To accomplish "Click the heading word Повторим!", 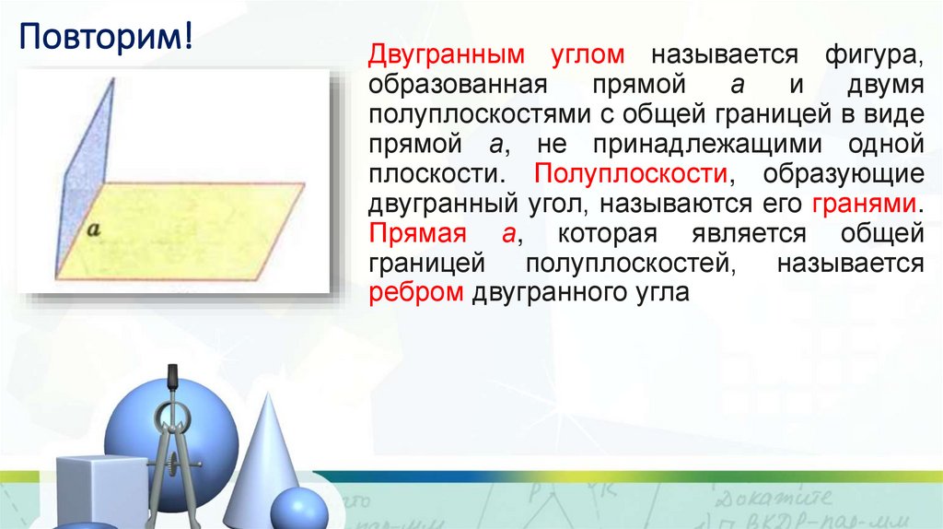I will (x=106, y=40).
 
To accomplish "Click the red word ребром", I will (x=415, y=293).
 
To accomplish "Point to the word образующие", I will (x=846, y=173).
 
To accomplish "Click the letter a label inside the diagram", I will (x=93, y=230).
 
